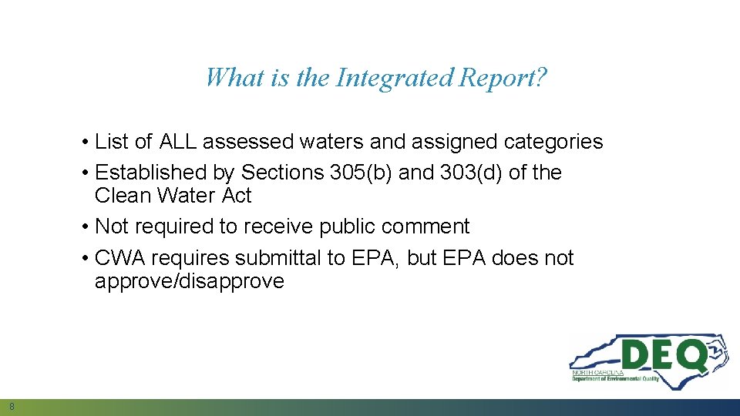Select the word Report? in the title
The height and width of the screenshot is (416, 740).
tap(503, 78)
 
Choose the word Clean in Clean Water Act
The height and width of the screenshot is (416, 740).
tap(123, 196)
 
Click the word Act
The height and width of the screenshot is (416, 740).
tap(237, 196)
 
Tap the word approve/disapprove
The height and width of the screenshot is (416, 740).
tap(189, 281)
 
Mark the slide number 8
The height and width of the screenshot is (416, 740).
tap(12, 406)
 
